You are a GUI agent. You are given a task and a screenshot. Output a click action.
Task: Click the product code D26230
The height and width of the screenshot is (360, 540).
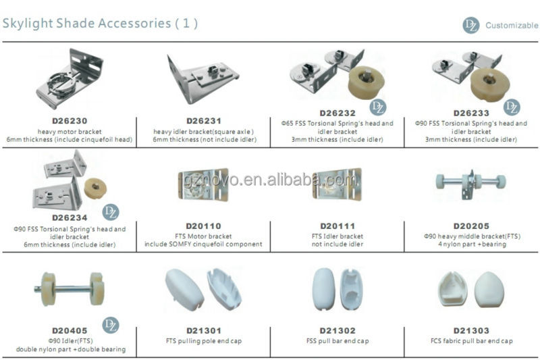pos(70,121)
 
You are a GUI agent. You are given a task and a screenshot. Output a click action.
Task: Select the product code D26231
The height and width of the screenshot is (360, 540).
pos(204,121)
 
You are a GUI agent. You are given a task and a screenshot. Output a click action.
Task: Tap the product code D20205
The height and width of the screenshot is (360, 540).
pos(471,226)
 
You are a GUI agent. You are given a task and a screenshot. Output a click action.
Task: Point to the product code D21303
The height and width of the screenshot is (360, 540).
pos(471,331)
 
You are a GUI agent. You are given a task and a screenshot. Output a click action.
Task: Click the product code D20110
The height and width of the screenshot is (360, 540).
pos(204,226)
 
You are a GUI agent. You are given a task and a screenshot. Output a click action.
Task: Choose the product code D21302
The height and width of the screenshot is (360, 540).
pos(337,331)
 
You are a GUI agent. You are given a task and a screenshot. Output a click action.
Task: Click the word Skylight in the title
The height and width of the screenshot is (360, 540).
pos(28,24)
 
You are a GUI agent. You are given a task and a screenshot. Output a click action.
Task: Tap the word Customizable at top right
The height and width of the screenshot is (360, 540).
pos(512,25)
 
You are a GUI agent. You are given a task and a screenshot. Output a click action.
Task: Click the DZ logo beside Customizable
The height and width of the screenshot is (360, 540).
pos(470,25)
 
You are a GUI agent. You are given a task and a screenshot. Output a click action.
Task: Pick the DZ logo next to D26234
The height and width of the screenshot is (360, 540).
pos(111,212)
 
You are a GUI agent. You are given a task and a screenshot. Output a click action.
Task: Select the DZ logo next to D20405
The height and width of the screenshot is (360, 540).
pos(111,325)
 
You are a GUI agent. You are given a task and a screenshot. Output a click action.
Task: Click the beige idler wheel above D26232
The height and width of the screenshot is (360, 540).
pos(366,82)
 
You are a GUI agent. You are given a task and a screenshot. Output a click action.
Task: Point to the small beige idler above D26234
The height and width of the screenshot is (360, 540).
pos(95,188)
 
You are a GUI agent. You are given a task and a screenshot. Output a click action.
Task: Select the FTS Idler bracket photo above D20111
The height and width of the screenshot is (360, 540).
pos(337,184)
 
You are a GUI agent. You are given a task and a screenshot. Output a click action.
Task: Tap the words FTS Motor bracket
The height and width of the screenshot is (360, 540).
pos(203,236)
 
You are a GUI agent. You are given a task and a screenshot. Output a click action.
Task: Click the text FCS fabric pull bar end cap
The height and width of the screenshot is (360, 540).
pos(471,341)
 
